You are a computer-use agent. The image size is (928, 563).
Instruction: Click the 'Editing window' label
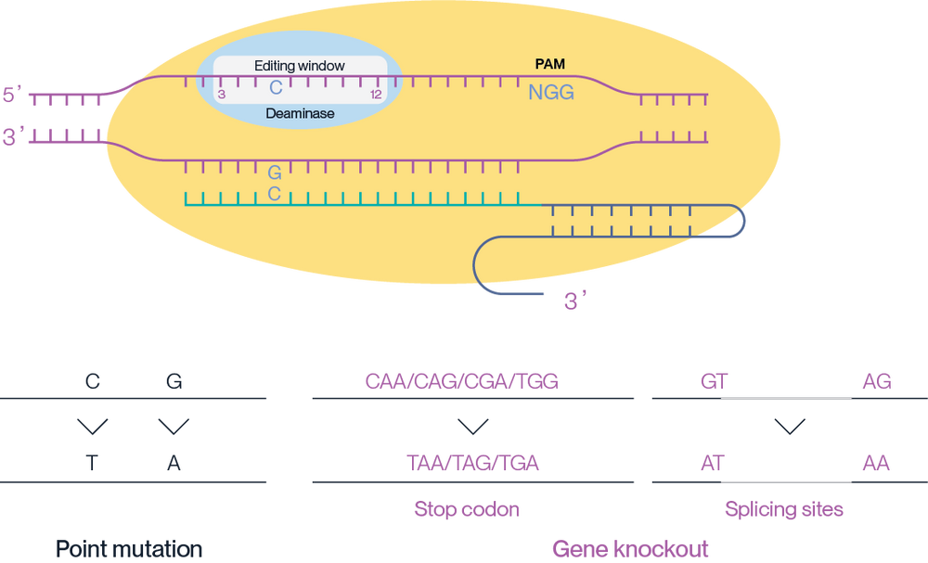pos(299,67)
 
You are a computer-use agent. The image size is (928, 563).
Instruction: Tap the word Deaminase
pos(299,114)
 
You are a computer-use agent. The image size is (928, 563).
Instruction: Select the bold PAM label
pos(550,65)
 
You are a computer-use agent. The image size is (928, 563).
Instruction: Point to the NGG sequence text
pos(551,92)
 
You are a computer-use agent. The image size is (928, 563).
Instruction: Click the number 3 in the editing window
pos(221,95)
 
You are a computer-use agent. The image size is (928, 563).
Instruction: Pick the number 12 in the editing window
pos(375,95)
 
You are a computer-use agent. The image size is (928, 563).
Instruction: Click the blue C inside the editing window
pos(276,89)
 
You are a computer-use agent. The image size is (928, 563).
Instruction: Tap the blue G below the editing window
pos(275,173)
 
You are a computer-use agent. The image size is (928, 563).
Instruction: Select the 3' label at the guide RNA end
pos(576,301)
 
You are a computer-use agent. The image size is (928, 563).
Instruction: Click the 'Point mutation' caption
pos(130,548)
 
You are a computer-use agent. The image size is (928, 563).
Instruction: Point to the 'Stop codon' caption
pos(466,509)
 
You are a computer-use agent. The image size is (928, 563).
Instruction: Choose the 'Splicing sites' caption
pos(785,509)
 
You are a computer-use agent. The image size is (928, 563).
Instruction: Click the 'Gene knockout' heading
pos(630,548)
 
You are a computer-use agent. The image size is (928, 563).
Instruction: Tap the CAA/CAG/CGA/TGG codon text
pos(462,381)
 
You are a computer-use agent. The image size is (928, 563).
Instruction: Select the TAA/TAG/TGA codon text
pos(472,463)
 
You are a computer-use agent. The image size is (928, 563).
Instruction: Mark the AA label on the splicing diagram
pos(876,463)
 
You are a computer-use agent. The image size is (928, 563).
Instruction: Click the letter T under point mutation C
pos(93,463)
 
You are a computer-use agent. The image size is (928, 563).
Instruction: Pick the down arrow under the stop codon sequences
pos(473,427)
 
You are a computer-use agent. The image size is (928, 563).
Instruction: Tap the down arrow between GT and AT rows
pos(790,427)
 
